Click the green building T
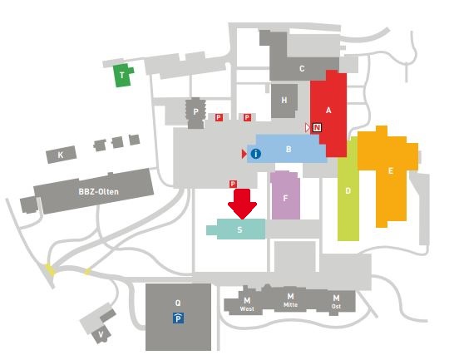click(122, 75)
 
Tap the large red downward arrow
click(242, 204)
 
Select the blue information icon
click(256, 154)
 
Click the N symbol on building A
click(317, 127)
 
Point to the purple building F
click(285, 195)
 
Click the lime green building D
click(348, 189)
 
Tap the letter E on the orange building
click(390, 171)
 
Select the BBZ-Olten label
click(98, 191)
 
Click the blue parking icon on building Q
click(178, 318)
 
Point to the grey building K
click(62, 155)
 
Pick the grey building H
click(284, 101)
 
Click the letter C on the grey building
click(302, 69)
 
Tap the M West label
click(247, 303)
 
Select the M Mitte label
click(290, 300)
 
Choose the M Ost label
click(336, 302)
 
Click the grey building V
click(101, 334)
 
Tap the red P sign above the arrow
click(233, 184)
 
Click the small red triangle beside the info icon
click(244, 154)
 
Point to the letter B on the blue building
click(289, 149)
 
